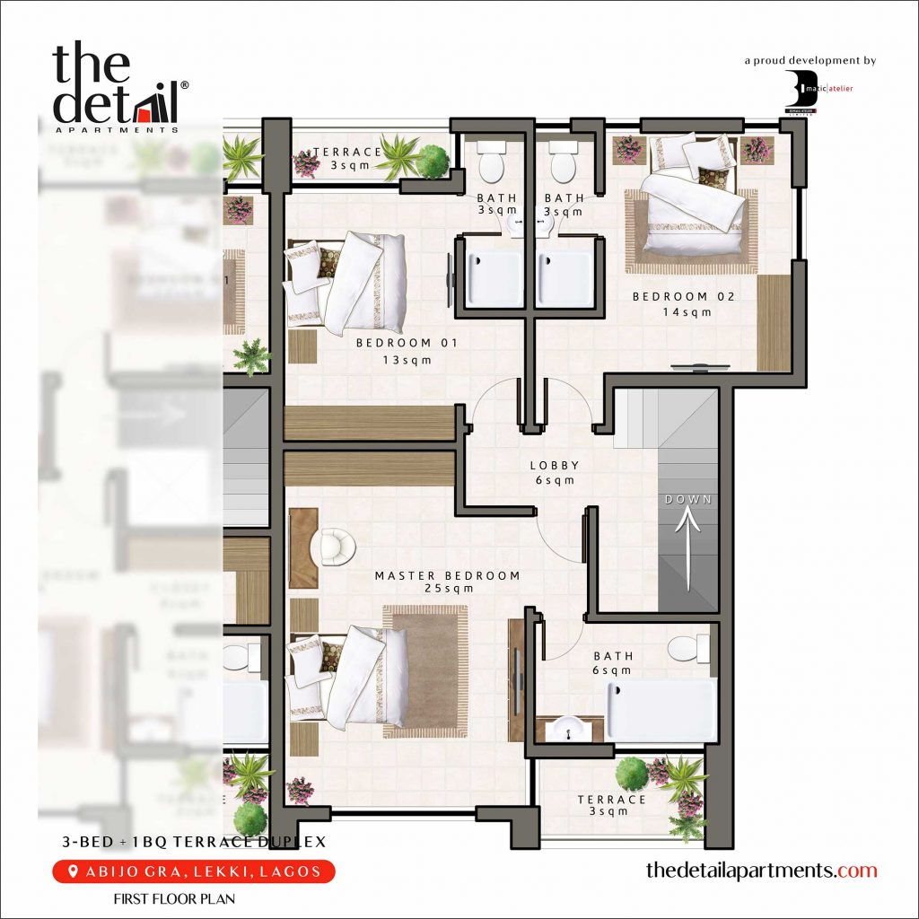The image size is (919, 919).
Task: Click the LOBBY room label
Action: tap(554, 466)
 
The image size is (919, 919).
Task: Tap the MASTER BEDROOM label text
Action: tap(447, 576)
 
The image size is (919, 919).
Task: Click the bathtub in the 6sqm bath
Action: tap(662, 709)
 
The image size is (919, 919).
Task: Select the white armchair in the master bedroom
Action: tap(337, 547)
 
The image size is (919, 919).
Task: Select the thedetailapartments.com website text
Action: tap(761, 871)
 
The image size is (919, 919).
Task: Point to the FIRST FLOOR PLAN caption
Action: tap(174, 897)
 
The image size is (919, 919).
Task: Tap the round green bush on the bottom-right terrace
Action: tap(633, 772)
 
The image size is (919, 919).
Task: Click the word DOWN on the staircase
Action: tap(688, 499)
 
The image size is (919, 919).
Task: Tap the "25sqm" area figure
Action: tap(448, 590)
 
